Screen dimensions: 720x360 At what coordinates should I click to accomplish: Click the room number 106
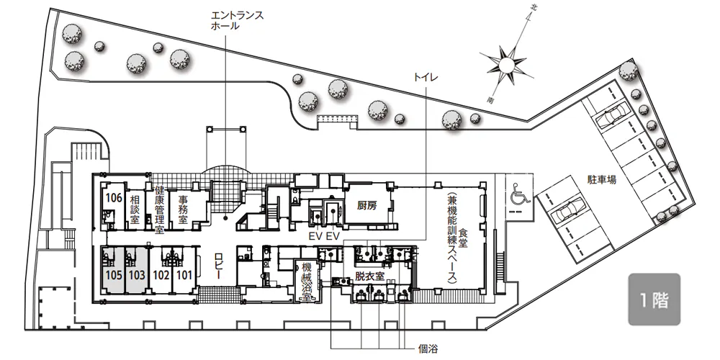pyautogui.click(x=114, y=198)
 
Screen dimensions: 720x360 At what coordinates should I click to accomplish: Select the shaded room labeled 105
pyautogui.click(x=113, y=271)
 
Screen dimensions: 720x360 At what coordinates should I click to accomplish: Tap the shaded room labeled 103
pyautogui.click(x=136, y=271)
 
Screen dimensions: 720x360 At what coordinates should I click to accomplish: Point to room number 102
pyautogui.click(x=161, y=276)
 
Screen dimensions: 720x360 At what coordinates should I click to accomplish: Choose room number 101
pyautogui.click(x=184, y=276)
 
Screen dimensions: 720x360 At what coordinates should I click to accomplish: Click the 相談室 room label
pyautogui.click(x=135, y=210)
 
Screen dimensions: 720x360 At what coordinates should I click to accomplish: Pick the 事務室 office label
pyautogui.click(x=183, y=210)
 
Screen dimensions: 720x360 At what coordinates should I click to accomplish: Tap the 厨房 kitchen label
pyautogui.click(x=367, y=205)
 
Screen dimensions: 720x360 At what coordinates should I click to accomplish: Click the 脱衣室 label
pyautogui.click(x=369, y=276)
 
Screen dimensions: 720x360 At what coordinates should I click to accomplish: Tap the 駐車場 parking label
pyautogui.click(x=601, y=179)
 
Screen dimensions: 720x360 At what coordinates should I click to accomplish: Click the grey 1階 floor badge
pyautogui.click(x=654, y=300)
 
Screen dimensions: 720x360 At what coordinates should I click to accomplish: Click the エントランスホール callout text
pyautogui.click(x=237, y=21)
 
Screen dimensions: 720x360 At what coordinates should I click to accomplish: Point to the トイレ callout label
pyautogui.click(x=426, y=77)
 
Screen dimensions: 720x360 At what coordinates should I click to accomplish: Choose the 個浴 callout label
pyautogui.click(x=428, y=349)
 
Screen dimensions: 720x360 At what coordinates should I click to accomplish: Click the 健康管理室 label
pyautogui.click(x=159, y=210)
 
